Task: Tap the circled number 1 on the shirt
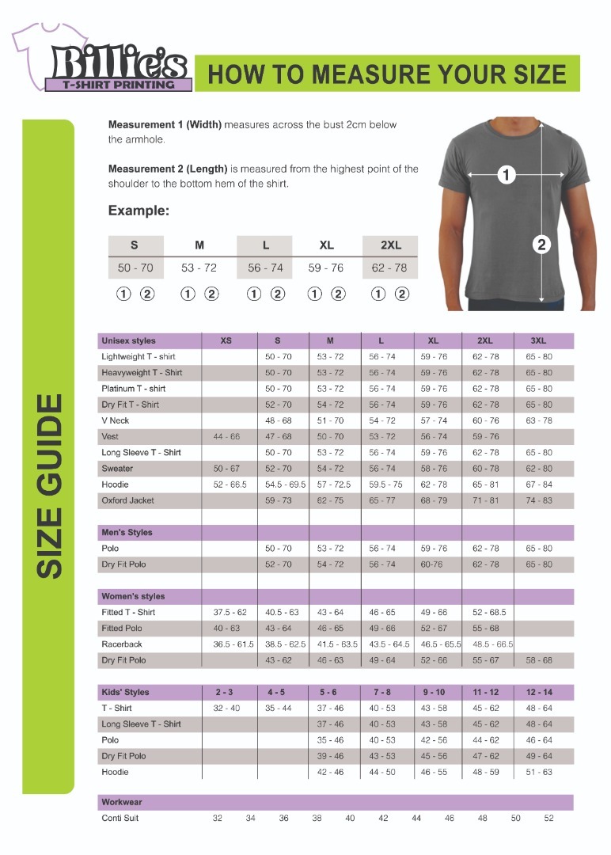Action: [507, 175]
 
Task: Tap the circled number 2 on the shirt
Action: [541, 244]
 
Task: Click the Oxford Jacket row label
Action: [127, 500]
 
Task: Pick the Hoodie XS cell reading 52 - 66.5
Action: [226, 484]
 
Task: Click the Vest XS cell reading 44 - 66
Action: [226, 437]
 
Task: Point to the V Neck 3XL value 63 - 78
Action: [539, 421]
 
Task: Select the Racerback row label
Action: [122, 644]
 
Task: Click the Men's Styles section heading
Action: [127, 533]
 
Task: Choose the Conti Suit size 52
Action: [548, 819]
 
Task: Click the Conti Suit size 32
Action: [217, 819]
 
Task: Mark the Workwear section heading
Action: [122, 803]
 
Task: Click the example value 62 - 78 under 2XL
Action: [389, 268]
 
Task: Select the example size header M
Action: [199, 245]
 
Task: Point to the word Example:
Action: [139, 211]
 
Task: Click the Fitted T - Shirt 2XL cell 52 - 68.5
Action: [489, 613]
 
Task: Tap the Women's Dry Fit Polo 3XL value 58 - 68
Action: [539, 660]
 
